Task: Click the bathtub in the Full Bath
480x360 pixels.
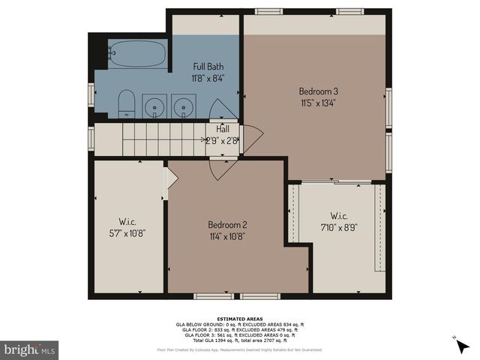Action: tap(137, 54)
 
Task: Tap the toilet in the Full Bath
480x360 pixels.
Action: tap(126, 104)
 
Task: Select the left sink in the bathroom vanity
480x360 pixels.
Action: tap(155, 106)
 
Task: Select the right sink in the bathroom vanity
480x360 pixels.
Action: tap(183, 106)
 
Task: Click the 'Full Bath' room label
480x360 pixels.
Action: tap(208, 66)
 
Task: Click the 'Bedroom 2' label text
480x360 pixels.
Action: tap(227, 224)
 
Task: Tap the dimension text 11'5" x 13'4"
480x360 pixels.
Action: tap(318, 103)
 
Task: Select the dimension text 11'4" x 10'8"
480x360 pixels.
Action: tap(227, 235)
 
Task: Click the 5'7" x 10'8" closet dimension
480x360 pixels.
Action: tap(127, 232)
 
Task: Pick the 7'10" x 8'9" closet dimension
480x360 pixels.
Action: tap(339, 226)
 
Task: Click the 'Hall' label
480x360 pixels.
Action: tap(223, 129)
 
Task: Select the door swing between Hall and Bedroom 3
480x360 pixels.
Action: tap(253, 139)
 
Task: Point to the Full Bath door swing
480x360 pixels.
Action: tap(223, 109)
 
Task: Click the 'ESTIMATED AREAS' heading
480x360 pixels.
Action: tap(239, 318)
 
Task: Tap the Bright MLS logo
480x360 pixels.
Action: tap(29, 349)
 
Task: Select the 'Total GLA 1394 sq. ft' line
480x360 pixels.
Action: tap(239, 340)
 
